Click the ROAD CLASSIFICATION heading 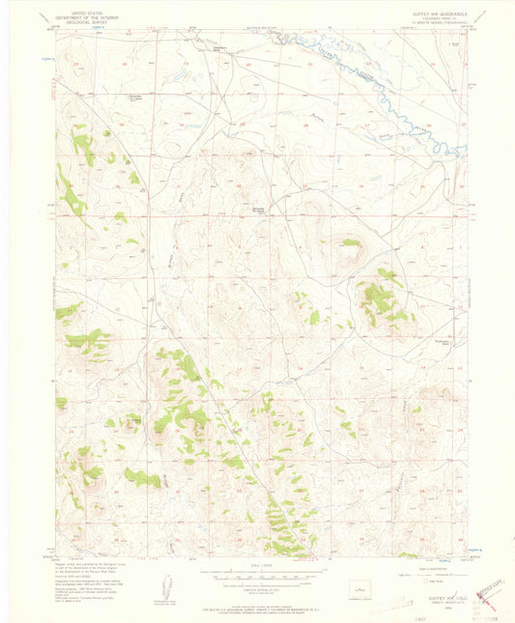[422, 571]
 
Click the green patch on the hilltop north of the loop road [350, 242]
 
